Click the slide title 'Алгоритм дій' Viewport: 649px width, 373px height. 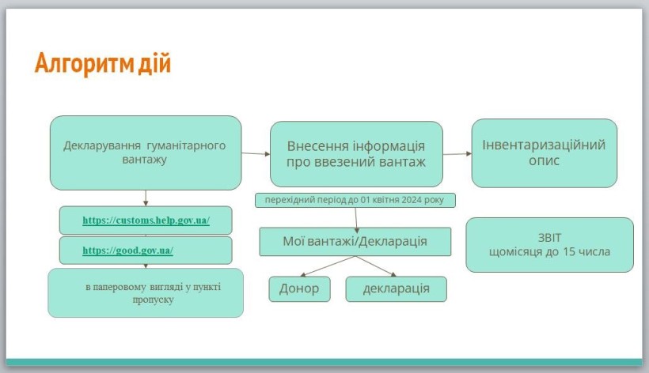103,63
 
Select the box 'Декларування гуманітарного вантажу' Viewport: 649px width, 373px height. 146,153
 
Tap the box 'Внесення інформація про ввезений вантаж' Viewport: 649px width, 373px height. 356,154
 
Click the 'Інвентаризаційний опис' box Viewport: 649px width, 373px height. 545,153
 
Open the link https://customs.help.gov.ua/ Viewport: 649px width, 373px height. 146,220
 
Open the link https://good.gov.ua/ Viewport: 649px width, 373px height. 128,251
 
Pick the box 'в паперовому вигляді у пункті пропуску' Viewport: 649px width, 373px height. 146,293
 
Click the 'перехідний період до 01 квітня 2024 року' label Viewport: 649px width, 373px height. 355,200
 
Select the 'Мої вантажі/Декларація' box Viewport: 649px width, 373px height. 355,242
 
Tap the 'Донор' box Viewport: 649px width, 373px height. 300,288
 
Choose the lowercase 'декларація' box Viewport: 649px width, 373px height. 396,288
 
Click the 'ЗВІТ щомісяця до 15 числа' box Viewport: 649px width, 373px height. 549,245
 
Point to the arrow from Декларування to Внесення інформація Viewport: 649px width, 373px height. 256,153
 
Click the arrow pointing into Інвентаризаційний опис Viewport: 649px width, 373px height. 457,153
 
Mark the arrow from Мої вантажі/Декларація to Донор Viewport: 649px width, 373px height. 328,266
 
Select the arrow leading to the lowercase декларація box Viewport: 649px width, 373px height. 376,266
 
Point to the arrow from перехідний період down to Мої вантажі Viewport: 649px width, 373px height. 356,220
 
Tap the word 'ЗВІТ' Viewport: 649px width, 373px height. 549,238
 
